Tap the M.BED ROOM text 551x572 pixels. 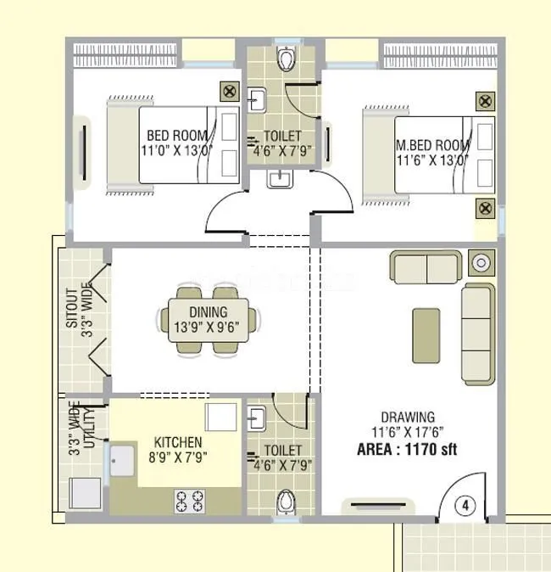click(432, 143)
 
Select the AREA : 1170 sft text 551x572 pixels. click(407, 449)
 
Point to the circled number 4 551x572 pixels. click(465, 505)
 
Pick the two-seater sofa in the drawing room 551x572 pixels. click(427, 267)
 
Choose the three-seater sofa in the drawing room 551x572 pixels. click(477, 334)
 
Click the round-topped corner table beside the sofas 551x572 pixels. click(481, 263)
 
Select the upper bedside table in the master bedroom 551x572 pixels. click(484, 101)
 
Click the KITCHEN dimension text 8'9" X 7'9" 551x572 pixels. click(177, 457)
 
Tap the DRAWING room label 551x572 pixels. click(408, 417)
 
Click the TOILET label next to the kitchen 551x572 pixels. click(282, 450)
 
